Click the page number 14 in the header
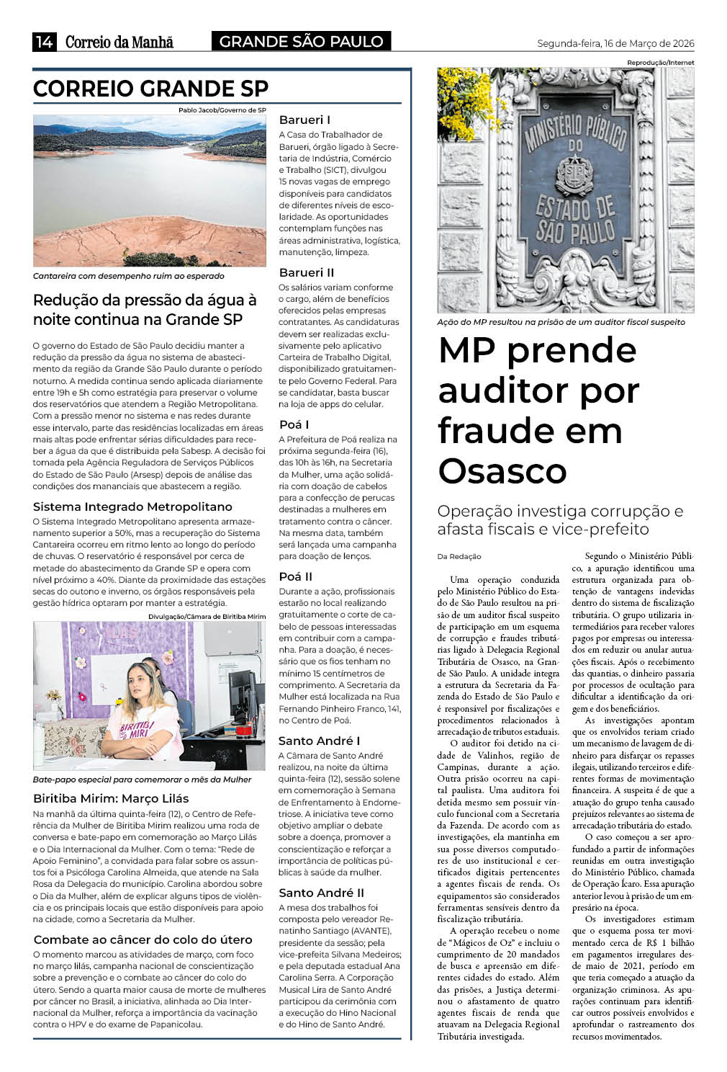pyautogui.click(x=44, y=42)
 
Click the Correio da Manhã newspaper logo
pyautogui.click(x=119, y=43)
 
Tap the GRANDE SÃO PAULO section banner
pyautogui.click(x=301, y=42)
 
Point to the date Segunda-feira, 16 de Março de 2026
pyautogui.click(x=615, y=43)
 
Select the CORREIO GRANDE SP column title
pyautogui.click(x=150, y=89)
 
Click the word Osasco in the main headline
pyautogui.click(x=502, y=471)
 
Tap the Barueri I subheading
pyautogui.click(x=304, y=120)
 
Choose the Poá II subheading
pyautogui.click(x=296, y=576)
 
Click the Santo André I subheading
pyautogui.click(x=319, y=741)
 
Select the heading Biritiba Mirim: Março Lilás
pyautogui.click(x=111, y=798)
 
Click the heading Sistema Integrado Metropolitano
pyautogui.click(x=132, y=506)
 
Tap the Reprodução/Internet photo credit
pyautogui.click(x=660, y=63)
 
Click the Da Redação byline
pyautogui.click(x=459, y=556)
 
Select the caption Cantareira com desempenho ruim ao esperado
pyautogui.click(x=128, y=276)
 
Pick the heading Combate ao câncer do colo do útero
pyautogui.click(x=143, y=939)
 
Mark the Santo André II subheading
pyautogui.click(x=321, y=893)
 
